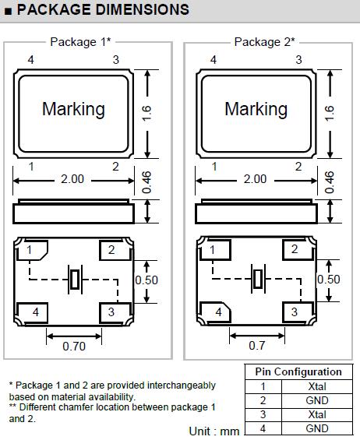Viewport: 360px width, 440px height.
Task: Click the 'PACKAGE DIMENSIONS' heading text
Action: (103, 9)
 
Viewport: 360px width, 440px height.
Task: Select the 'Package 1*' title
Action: (80, 42)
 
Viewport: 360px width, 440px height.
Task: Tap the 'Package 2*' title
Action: (264, 42)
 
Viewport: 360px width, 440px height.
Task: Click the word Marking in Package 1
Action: (73, 110)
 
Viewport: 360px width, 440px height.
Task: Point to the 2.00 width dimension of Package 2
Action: (255, 179)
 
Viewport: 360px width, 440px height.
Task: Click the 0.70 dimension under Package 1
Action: (74, 347)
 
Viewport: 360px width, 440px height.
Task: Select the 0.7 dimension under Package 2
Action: (256, 346)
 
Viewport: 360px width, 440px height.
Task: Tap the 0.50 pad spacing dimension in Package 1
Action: (146, 280)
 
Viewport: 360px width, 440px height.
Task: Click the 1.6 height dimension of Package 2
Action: (329, 114)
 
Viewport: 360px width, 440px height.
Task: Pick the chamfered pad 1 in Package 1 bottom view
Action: (32, 250)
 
